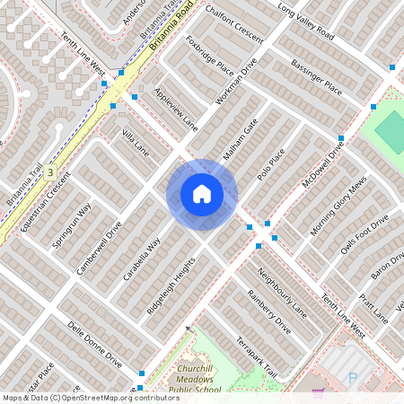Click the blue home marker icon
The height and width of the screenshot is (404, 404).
coord(201,194)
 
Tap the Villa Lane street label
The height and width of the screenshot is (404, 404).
coord(136,142)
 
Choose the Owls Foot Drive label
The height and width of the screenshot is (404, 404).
coord(364,235)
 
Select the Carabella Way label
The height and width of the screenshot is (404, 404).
coord(142,260)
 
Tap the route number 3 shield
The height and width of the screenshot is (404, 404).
coord(51,171)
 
